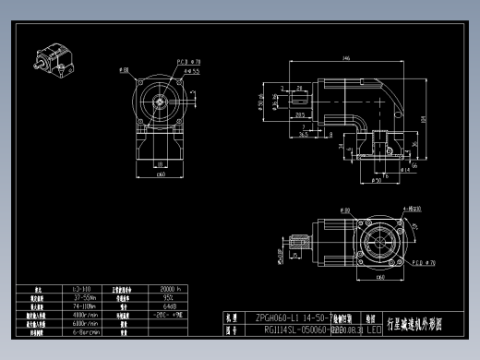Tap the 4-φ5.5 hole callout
(192, 70)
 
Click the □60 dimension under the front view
(160, 173)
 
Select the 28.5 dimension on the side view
(300, 115)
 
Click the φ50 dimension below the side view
(378, 181)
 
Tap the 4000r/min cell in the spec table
(82, 314)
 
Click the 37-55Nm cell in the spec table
(82, 297)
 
